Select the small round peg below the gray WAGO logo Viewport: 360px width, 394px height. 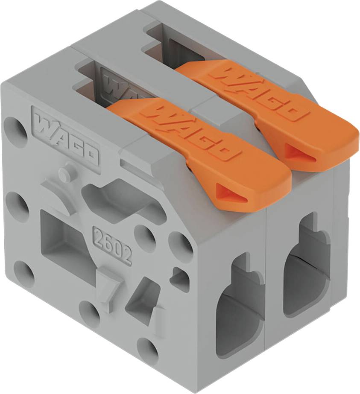pos(64,173)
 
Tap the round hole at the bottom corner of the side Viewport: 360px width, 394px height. pos(148,348)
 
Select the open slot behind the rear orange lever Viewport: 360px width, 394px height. pos(171,43)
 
